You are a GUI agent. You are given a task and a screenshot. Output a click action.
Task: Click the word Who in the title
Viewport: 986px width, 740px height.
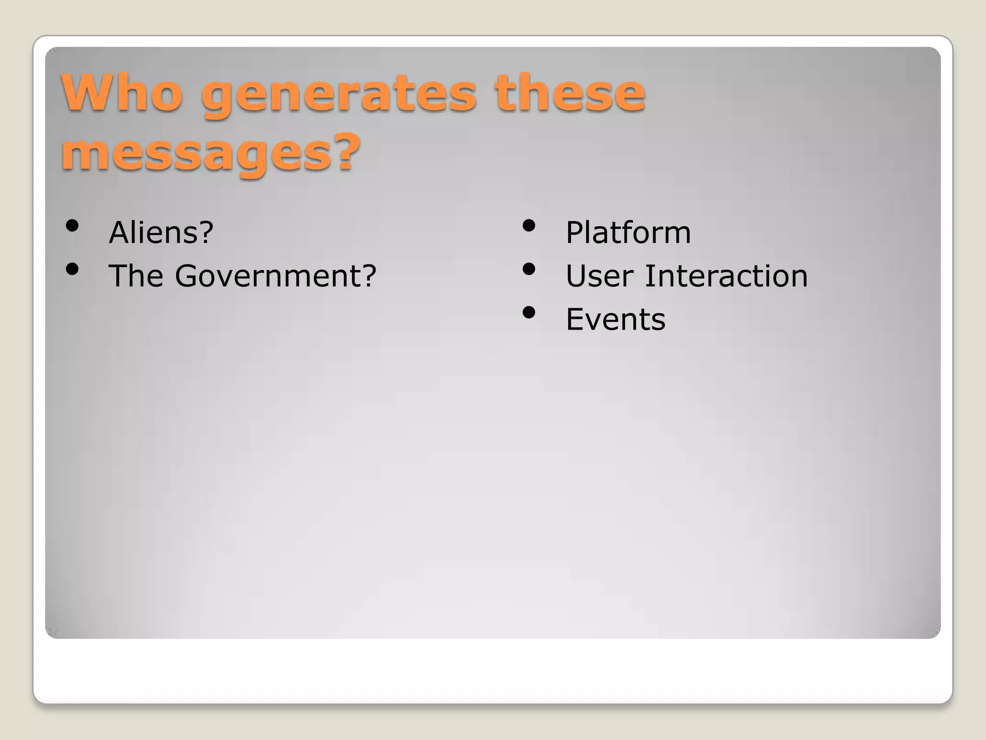pos(122,92)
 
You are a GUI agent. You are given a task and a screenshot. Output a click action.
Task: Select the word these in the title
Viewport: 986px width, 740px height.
pos(570,92)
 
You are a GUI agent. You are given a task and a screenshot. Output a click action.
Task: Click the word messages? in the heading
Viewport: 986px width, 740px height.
pos(210,153)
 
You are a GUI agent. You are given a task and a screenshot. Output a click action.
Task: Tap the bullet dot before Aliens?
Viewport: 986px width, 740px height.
pos(72,226)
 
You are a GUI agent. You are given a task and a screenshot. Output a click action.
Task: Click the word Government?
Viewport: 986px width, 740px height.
pos(275,277)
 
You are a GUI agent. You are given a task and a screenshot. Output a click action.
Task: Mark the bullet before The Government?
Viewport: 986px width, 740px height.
pos(72,269)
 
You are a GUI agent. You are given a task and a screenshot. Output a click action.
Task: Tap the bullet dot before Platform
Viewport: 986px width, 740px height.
pos(529,226)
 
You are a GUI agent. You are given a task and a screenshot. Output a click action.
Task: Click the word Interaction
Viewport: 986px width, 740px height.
pos(726,276)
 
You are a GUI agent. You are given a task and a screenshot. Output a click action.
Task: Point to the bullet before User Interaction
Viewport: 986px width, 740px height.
pos(529,269)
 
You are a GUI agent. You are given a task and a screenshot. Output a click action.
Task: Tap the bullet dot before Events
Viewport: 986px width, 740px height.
pos(529,313)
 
